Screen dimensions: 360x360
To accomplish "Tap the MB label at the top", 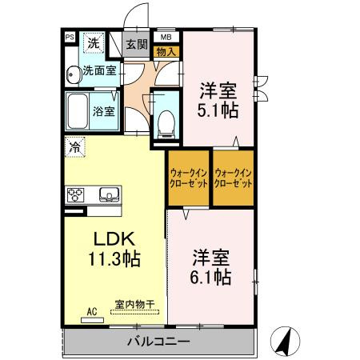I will coord(166,37).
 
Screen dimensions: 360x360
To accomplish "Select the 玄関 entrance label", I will coord(137,44).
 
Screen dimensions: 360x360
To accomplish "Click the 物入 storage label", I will coord(166,51).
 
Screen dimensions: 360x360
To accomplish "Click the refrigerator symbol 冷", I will coord(74,147).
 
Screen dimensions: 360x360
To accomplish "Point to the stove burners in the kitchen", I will coord(77,194).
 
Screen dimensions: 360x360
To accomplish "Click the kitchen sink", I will coord(108,194).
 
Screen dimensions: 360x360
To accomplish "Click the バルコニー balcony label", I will coord(158,342).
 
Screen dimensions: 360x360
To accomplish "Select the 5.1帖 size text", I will coord(218,111).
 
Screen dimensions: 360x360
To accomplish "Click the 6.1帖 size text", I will coord(211,278).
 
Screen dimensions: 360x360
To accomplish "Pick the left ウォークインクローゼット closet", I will coord(188,178).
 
